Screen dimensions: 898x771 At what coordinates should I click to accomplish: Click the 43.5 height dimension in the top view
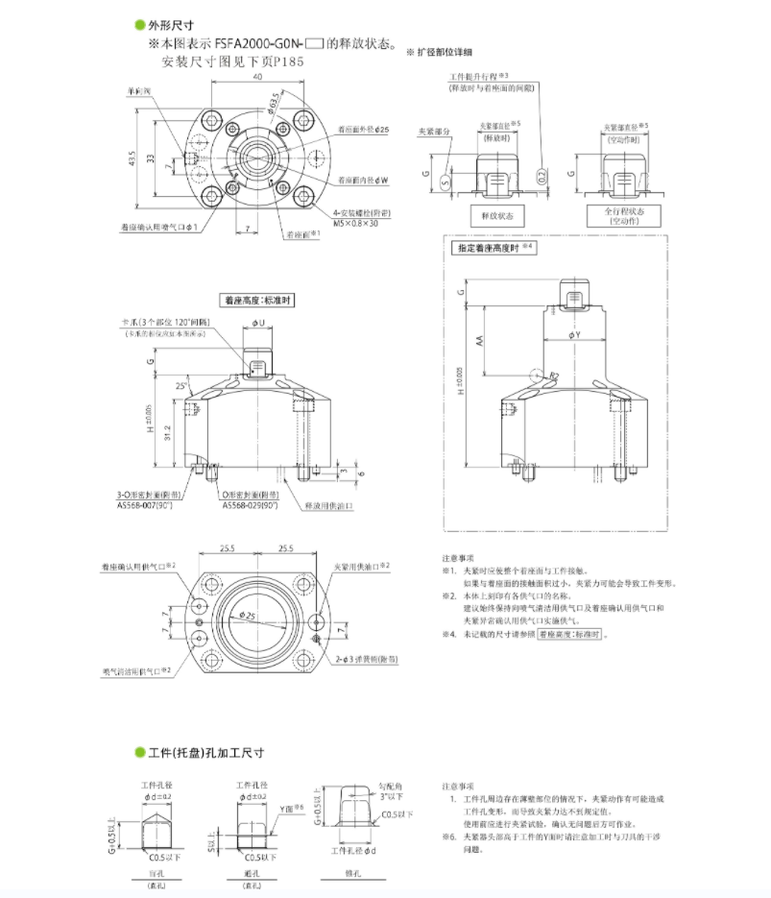pyautogui.click(x=133, y=158)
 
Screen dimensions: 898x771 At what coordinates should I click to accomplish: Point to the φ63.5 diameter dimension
pyautogui.click(x=273, y=102)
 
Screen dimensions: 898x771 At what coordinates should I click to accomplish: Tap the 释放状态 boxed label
pyautogui.click(x=496, y=216)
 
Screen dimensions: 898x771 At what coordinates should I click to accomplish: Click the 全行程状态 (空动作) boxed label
pyautogui.click(x=622, y=215)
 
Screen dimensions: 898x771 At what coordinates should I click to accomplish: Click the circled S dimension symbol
pyautogui.click(x=445, y=180)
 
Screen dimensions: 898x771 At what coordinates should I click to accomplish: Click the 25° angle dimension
pyautogui.click(x=183, y=386)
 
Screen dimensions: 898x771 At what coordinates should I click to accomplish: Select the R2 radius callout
pyautogui.click(x=554, y=375)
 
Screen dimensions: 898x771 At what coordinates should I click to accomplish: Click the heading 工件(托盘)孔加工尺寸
pyautogui.click(x=205, y=752)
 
